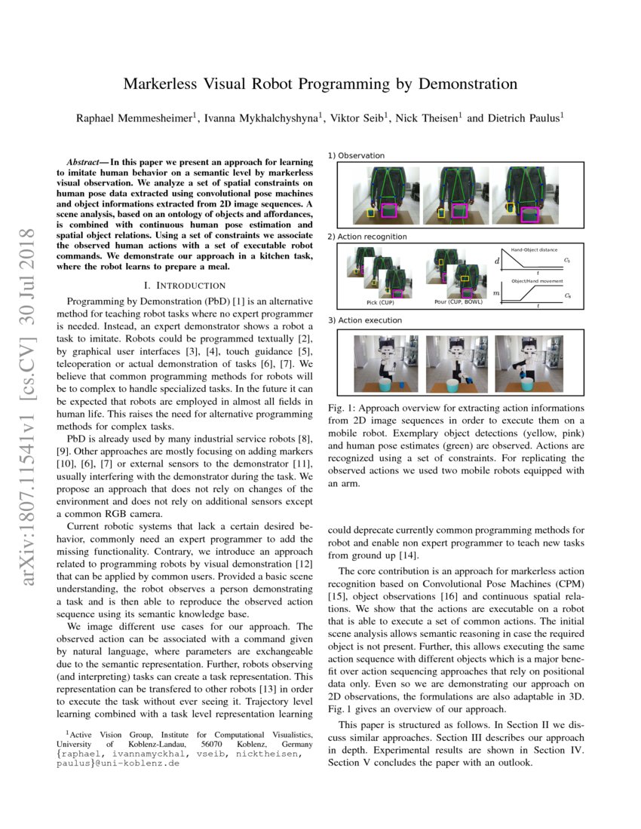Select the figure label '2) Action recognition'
point(367,237)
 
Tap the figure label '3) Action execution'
point(365,320)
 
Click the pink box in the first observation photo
point(390,210)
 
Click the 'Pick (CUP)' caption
point(375,303)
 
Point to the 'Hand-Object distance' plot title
point(535,249)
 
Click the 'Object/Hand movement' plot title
point(535,281)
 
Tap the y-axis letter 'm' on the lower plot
point(495,291)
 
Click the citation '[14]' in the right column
point(397,555)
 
